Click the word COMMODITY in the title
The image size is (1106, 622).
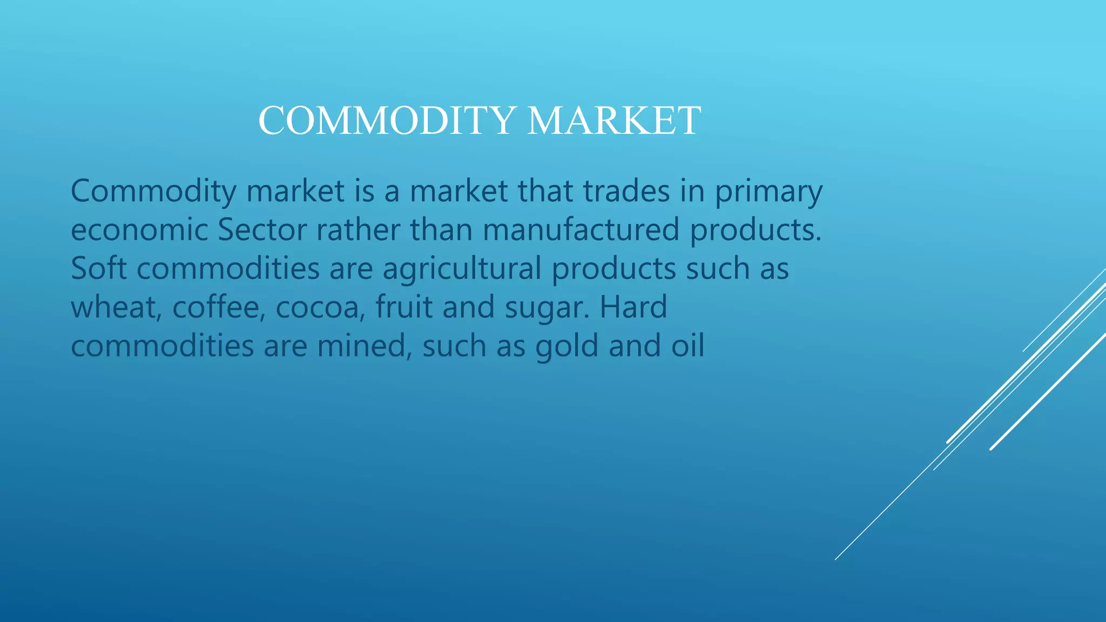tap(386, 120)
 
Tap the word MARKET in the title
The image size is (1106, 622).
tap(614, 120)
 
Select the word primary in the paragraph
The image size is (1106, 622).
tap(768, 192)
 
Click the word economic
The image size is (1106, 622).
tap(139, 230)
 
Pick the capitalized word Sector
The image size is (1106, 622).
tap(262, 230)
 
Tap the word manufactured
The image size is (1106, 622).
tap(581, 230)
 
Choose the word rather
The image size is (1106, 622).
tap(358, 230)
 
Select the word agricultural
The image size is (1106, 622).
tap(462, 269)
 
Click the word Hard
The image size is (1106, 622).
tap(633, 307)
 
